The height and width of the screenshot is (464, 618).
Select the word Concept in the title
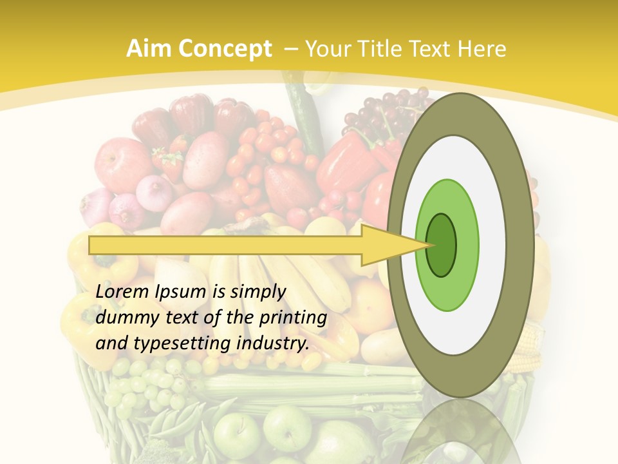(223, 49)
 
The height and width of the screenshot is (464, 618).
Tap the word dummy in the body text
(125, 318)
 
